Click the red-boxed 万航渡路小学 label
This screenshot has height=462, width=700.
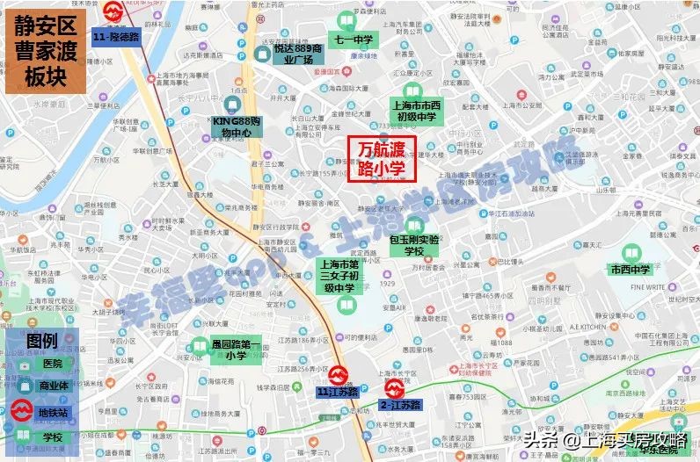tap(381, 159)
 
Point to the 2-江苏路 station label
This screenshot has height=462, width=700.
tap(401, 405)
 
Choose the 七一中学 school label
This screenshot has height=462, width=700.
tap(354, 40)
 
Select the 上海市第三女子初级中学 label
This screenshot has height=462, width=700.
tap(342, 275)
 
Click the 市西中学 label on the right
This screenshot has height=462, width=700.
tap(631, 270)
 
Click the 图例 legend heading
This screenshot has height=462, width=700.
tap(42, 340)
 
